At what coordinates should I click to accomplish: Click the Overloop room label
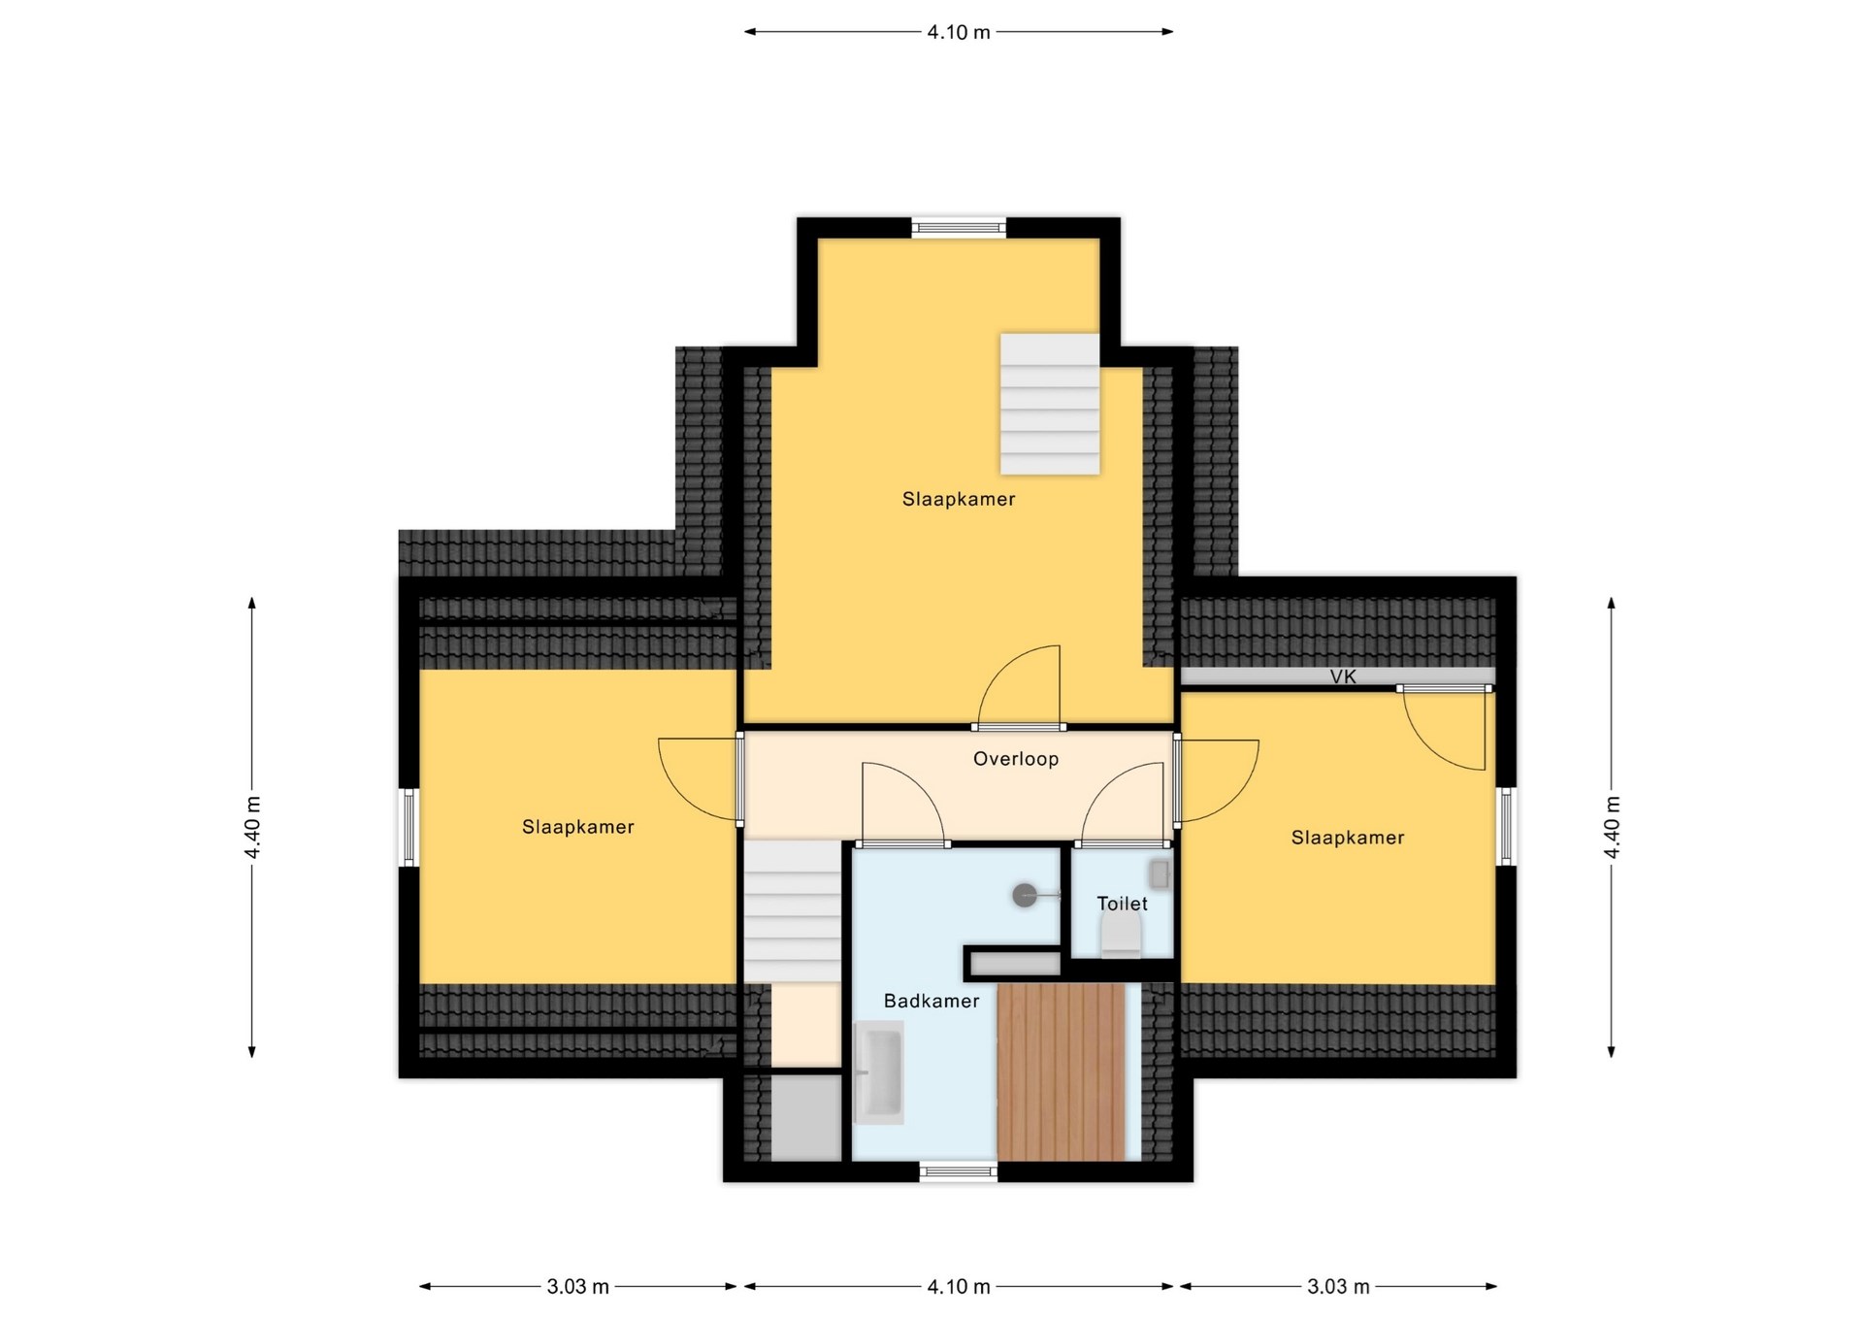pos(1015,759)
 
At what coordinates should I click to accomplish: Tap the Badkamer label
pos(931,1001)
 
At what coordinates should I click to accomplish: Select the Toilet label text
pos(1122,904)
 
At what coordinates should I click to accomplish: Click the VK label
pos(1343,676)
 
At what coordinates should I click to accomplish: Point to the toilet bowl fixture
pos(1121,937)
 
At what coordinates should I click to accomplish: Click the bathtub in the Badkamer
pos(878,1072)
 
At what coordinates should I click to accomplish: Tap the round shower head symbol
pos(1025,895)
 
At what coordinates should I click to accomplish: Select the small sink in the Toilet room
pos(1160,873)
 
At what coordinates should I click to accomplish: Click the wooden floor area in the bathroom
pos(1062,1071)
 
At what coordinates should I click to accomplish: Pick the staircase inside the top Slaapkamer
pos(1050,404)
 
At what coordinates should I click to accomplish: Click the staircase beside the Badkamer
pos(792,912)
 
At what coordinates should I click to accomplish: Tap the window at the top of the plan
pos(958,228)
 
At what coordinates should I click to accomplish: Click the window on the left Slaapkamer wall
pos(409,827)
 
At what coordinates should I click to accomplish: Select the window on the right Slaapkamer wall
pos(1506,826)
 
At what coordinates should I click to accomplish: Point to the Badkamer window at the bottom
pos(958,1171)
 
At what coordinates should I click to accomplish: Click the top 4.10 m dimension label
pos(959,32)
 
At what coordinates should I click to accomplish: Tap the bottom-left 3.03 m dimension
pos(578,1287)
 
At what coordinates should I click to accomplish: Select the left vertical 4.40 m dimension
pos(252,827)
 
